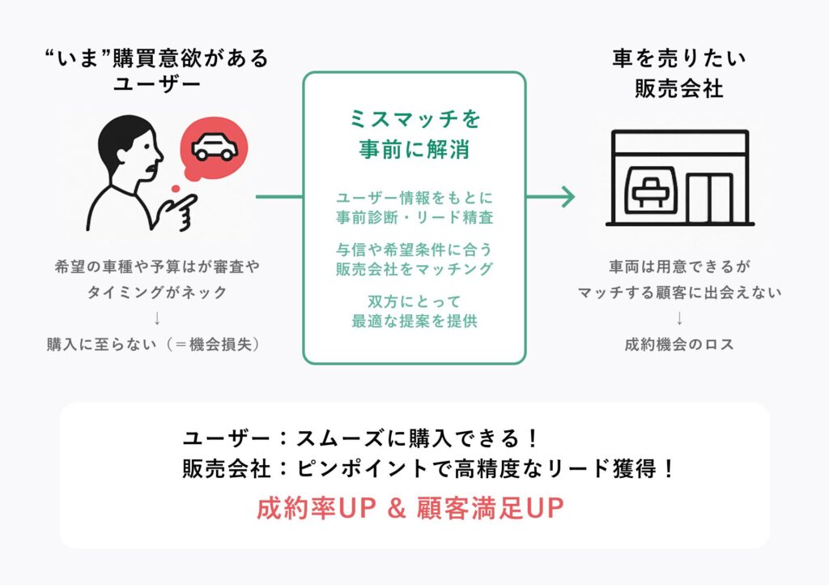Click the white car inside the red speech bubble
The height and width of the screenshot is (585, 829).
214,147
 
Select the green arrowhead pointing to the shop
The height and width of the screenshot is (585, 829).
568,197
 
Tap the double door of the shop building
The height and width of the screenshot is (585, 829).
710,198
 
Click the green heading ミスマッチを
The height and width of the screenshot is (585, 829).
415,119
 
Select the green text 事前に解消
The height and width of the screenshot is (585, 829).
415,150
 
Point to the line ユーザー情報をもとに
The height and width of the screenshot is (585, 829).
415,199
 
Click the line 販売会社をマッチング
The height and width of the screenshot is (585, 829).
415,269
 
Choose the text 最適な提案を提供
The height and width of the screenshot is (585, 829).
415,321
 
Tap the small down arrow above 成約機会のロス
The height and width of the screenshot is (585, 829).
679,318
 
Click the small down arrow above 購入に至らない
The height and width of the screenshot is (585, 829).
157,318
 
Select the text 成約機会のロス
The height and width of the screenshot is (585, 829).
679,345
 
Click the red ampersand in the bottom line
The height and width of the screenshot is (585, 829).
396,508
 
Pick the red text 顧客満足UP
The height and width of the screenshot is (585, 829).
490,508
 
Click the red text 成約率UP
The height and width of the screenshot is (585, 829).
317,508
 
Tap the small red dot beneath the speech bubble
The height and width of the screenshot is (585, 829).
176,188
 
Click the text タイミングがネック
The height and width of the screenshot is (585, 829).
157,292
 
